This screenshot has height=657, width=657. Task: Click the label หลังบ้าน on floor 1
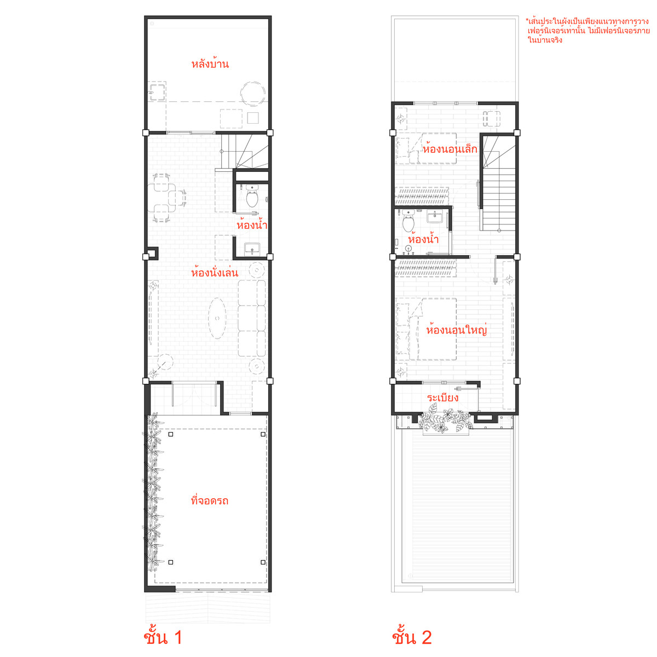[210, 64]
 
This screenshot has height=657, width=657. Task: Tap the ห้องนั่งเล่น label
[214, 272]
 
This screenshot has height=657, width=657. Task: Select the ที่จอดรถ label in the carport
[209, 500]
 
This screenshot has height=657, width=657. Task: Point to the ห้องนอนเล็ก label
[450, 149]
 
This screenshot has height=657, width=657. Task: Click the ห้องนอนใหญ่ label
[456, 330]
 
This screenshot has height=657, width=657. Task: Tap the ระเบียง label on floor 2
[442, 397]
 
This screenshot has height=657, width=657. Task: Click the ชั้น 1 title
[163, 637]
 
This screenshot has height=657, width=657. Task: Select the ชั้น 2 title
[412, 637]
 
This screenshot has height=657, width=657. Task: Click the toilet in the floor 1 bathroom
[252, 195]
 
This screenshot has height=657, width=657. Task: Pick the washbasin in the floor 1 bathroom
[252, 249]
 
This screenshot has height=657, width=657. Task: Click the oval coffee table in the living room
[217, 318]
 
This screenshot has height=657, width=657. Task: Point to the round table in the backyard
[252, 94]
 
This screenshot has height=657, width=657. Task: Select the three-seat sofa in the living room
[252, 318]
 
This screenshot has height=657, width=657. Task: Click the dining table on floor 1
[162, 198]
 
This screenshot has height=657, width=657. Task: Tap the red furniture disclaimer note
[587, 30]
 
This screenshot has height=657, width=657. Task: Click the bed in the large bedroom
[426, 329]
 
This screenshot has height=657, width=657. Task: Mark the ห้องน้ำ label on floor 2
[423, 239]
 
